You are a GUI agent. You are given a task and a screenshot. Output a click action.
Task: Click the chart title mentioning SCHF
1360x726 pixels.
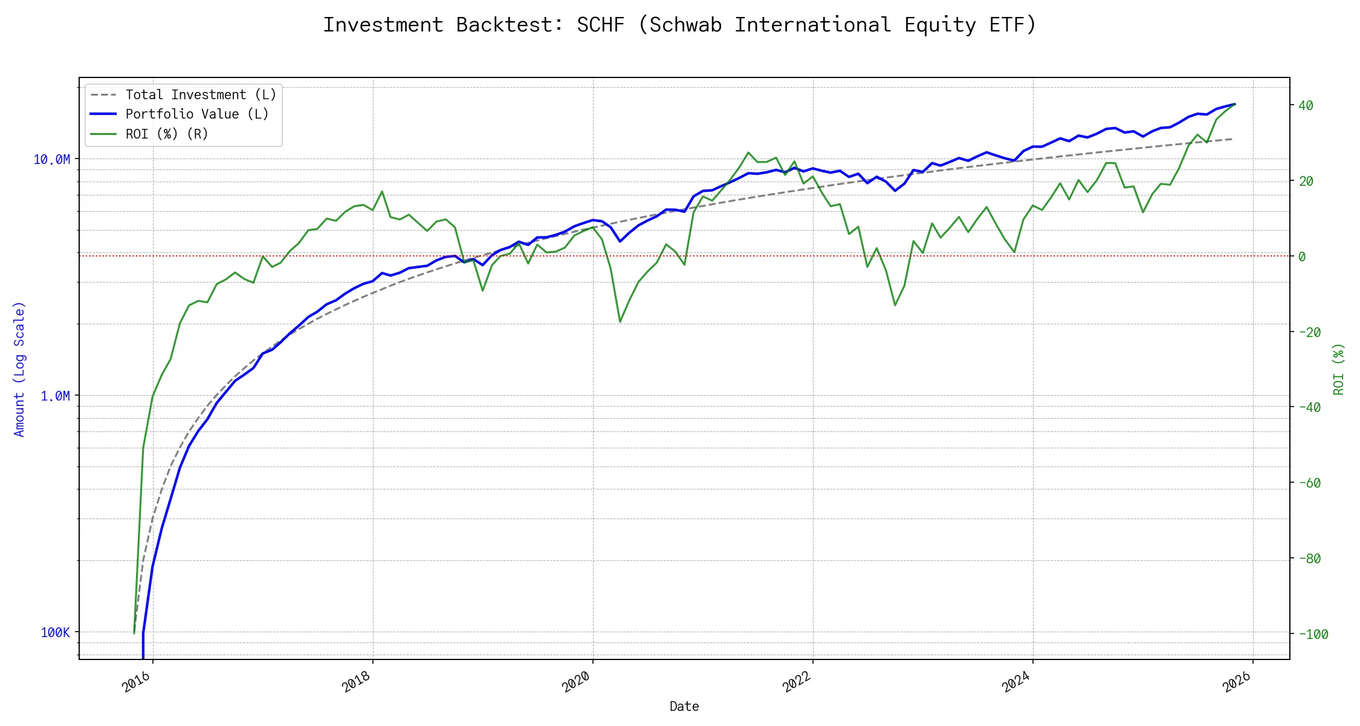679,25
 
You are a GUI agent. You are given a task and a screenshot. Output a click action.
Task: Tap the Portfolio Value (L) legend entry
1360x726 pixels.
197,114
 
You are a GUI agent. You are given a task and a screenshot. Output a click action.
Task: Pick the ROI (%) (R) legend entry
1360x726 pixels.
167,134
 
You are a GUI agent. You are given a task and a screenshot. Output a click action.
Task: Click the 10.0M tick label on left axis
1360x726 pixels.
52,159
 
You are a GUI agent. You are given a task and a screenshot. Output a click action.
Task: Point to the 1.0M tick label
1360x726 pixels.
55,396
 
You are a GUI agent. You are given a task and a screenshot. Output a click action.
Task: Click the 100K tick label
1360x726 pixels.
55,632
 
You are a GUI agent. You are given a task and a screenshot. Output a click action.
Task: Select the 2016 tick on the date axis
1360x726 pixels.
137,682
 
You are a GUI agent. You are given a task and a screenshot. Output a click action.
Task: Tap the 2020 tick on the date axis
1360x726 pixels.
576,682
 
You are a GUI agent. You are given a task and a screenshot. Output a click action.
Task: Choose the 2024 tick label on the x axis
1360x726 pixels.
1016,682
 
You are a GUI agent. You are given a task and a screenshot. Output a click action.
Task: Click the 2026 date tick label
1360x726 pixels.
1237,682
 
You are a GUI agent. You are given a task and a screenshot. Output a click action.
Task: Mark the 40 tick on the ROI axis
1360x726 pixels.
1306,105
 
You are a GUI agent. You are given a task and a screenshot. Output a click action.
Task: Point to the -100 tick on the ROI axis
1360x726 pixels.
1313,634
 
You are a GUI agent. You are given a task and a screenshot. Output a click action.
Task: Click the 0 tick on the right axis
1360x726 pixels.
1302,257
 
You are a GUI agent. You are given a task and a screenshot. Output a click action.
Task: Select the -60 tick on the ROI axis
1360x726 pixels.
1309,483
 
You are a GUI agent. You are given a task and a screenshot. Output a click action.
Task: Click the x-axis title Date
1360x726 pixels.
684,706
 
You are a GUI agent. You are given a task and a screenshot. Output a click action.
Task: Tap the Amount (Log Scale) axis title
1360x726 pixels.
19,369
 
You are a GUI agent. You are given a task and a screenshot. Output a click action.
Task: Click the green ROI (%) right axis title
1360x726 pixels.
1339,369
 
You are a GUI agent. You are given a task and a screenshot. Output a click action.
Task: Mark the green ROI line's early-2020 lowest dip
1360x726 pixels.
620,321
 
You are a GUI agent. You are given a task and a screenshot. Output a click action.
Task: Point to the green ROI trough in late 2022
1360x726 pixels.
895,305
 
